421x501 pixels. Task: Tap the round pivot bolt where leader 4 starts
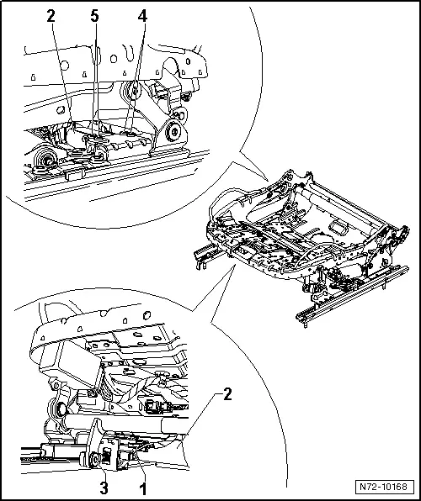click(x=131, y=92)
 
